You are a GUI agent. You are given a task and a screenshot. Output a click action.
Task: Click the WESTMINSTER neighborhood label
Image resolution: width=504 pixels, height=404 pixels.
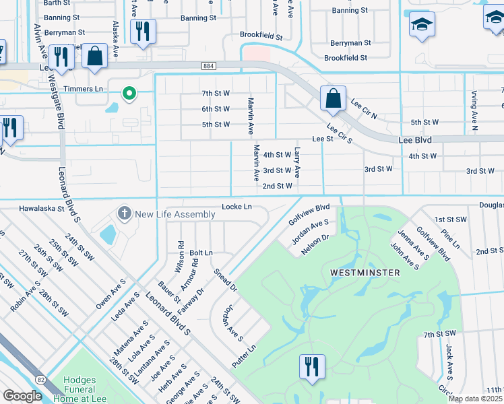pyautogui.click(x=365, y=272)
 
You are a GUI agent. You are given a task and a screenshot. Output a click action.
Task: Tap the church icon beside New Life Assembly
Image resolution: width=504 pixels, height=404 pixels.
pyautogui.click(x=124, y=214)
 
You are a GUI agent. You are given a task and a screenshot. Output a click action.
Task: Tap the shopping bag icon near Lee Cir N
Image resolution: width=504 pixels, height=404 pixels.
pyautogui.click(x=333, y=98)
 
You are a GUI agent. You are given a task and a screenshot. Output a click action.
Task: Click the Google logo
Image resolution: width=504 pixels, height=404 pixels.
pyautogui.click(x=22, y=396)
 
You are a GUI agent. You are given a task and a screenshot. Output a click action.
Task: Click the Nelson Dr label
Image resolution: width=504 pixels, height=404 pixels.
pyautogui.click(x=315, y=242)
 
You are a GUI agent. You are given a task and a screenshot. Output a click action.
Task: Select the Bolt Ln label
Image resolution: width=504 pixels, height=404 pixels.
pyautogui.click(x=201, y=252)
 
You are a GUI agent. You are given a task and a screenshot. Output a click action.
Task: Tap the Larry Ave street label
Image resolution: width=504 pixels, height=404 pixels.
pyautogui.click(x=297, y=164)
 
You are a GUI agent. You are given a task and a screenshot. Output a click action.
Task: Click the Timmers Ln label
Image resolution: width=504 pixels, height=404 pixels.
pyautogui.click(x=83, y=89)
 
